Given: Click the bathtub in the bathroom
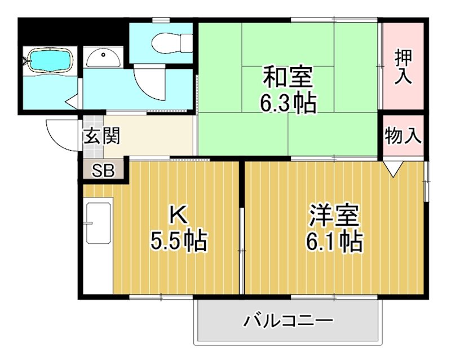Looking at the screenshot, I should click(x=48, y=60).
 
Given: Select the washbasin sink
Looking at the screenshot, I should click(x=103, y=56).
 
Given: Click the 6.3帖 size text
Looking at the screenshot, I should click(x=288, y=103).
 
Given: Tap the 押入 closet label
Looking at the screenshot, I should click(x=403, y=67).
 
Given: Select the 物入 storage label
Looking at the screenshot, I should click(x=403, y=135).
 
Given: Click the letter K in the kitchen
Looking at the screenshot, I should click(x=178, y=215).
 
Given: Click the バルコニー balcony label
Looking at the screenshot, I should click(x=288, y=322).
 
